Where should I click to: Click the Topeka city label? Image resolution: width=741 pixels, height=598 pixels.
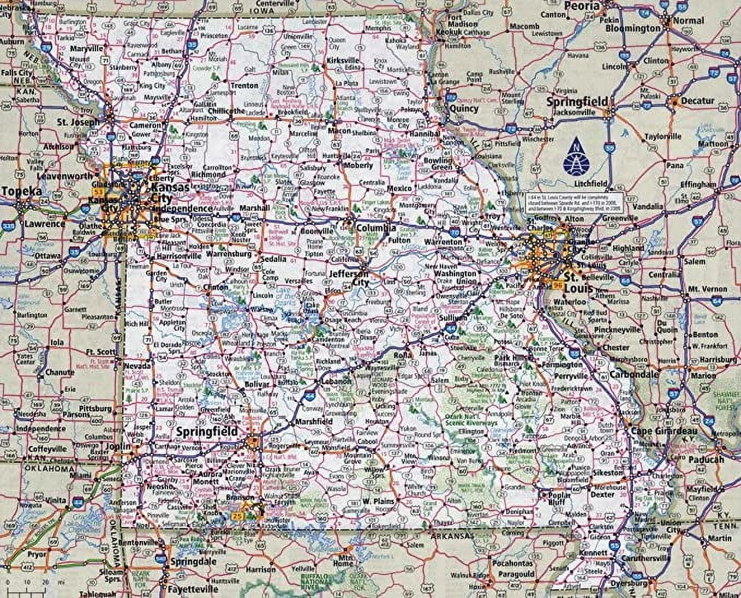21,192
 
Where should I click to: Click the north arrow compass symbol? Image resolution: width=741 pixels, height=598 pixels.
577,153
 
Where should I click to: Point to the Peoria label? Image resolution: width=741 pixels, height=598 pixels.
582,6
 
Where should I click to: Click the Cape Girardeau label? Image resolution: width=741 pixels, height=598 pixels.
658,432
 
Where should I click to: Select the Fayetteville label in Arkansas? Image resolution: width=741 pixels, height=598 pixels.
192,589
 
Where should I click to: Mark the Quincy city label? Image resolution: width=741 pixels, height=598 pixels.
464,109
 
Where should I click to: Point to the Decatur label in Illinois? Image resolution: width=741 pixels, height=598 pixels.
697,101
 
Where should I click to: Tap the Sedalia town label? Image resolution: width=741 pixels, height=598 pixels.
273,259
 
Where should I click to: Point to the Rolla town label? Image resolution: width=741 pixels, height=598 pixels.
403,355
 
